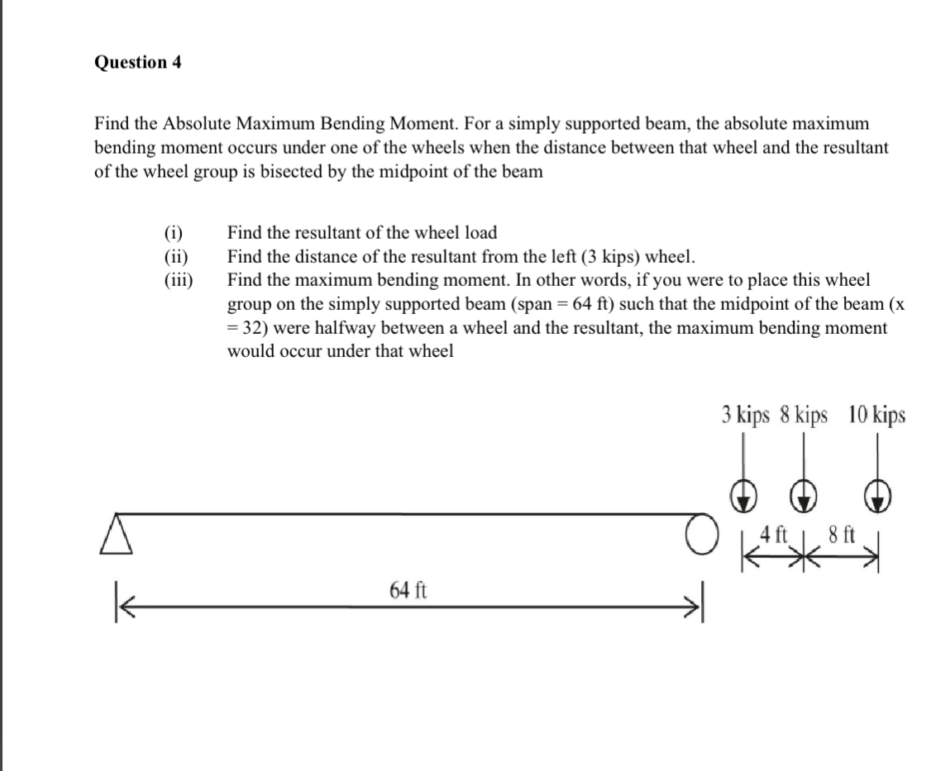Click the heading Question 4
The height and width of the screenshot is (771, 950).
pos(138,63)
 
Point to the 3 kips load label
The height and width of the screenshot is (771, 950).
pos(744,415)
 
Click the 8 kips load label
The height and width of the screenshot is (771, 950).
pos(804,415)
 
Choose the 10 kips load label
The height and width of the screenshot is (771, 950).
pos(876,415)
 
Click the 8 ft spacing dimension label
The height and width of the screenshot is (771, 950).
pos(840,535)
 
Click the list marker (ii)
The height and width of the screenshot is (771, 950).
pos(176,256)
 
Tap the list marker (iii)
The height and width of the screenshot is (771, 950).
pos(178,279)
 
